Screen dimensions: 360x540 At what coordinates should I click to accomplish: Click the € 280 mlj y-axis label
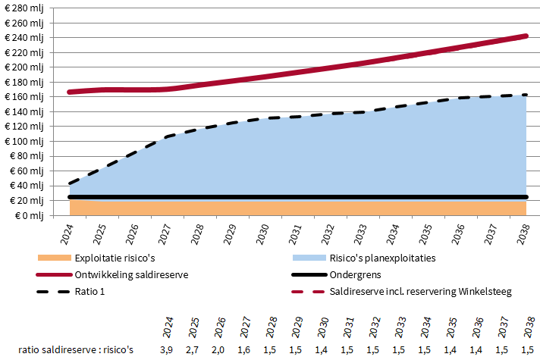point(24,8)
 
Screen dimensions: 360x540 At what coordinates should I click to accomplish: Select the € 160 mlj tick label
point(24,96)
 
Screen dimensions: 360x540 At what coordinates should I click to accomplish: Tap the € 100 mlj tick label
point(24,141)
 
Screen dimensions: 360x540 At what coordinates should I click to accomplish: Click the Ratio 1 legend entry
point(92,290)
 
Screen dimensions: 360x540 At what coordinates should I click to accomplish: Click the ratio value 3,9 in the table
point(166,349)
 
